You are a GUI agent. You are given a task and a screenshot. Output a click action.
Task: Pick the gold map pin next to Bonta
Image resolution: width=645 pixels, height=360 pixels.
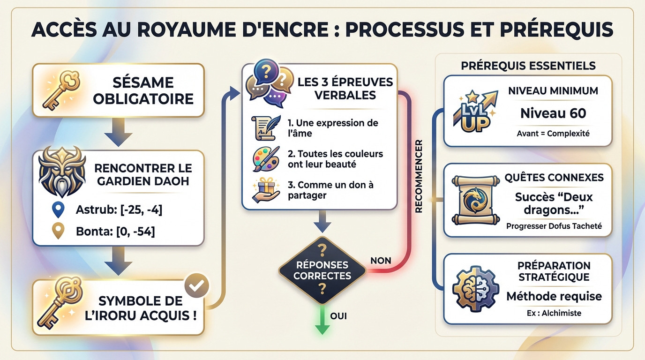point(58,231)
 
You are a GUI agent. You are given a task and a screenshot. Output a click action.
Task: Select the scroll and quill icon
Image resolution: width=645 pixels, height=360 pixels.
point(265,127)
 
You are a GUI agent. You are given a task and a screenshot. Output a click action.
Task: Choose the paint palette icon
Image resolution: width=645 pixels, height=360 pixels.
point(265,158)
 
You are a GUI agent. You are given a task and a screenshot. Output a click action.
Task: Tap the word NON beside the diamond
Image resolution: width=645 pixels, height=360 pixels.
point(381,260)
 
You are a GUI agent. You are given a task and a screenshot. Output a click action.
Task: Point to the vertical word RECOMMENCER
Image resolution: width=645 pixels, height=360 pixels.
point(419,176)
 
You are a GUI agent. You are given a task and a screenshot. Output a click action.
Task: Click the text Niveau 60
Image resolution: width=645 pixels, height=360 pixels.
point(553,113)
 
